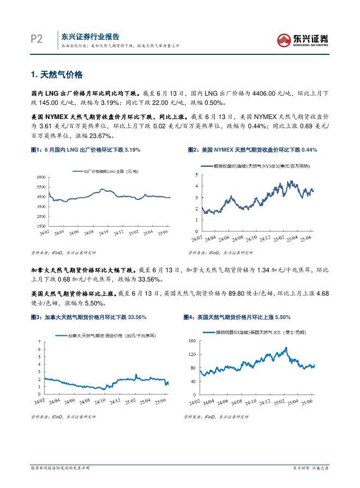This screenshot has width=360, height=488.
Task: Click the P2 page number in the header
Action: tap(35, 39)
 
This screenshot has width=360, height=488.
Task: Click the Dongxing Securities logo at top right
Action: tap(303, 39)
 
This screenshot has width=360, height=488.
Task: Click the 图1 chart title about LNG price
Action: tap(85, 149)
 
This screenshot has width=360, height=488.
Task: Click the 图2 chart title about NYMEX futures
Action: tap(252, 149)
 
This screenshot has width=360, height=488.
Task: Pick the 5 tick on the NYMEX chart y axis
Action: tap(197, 174)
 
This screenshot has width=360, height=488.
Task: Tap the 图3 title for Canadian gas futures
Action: tap(87, 317)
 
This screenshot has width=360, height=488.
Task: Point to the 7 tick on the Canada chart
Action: tap(39, 341)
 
